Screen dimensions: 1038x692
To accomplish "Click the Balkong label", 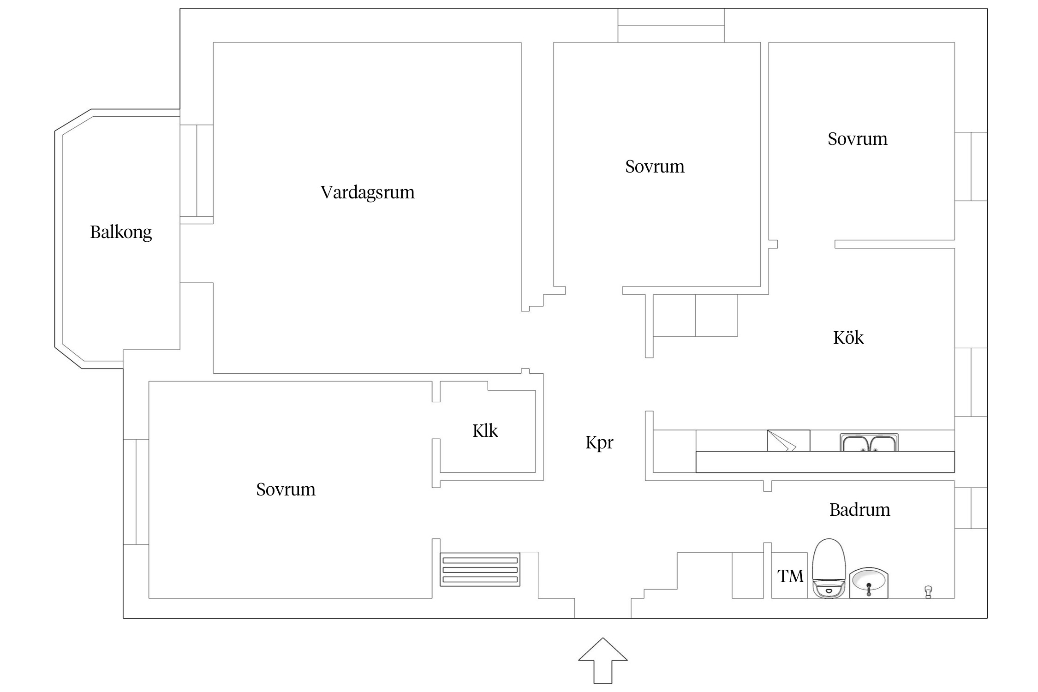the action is pos(121,232).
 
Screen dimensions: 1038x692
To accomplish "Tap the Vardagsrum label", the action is pos(368,192).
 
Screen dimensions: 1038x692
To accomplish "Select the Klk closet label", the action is pos(485,431).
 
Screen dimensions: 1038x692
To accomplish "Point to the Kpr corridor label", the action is pos(599,443).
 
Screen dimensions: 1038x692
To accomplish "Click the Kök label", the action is pos(848,337).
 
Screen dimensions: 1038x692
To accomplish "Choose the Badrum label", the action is pos(860,510).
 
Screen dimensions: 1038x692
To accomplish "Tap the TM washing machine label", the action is pos(790,576).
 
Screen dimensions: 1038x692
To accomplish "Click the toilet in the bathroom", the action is pos(829,568).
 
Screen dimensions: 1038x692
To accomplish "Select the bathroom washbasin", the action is pos(869,583).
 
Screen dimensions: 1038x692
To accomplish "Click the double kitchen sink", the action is pos(869,442).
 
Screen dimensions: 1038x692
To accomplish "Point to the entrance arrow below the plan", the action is pos(603,660).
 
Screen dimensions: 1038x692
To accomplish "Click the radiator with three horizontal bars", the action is pos(480,569).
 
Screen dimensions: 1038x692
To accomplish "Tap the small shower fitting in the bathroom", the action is pos(928,591).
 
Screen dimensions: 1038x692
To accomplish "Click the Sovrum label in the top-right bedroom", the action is pos(858,139).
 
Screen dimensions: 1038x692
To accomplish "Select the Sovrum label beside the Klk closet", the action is pos(286,489).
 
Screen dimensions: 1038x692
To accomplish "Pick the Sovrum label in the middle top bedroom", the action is pos(655,167).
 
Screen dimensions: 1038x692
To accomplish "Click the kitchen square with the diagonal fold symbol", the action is pos(788,441).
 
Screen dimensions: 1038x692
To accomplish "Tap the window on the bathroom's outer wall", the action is pos(971,508).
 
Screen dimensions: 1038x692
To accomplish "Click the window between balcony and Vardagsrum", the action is pos(197,171).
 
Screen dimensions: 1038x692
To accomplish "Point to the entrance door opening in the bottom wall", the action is pos(603,608).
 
